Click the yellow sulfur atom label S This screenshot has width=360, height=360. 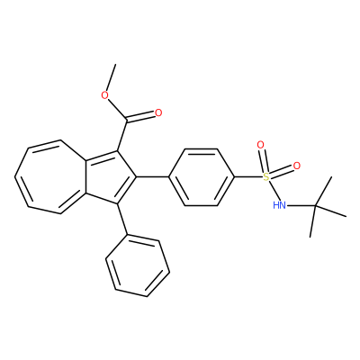coord(266,177)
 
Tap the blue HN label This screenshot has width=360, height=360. coord(279,205)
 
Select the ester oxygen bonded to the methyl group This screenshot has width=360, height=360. coord(104,95)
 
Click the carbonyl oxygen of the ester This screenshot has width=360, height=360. coord(158,113)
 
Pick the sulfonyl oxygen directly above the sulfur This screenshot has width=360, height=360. coord(260,145)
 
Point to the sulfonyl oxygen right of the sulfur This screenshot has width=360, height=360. coord(297,166)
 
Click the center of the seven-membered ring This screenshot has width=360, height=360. coord(51,177)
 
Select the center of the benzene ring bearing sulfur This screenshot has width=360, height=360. coord(201,177)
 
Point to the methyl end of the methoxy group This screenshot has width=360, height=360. coord(115,64)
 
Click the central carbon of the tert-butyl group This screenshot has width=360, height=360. coord(315,206)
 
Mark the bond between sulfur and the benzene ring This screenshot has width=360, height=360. coord(248,177)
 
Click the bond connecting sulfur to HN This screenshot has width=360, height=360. coord(274,191)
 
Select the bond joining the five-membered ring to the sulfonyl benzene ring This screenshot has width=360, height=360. coord(153,177)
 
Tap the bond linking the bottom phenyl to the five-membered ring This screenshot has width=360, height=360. coord(123,219)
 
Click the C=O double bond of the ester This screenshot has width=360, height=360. coord(140,118)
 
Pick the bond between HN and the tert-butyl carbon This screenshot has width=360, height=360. coord(301,206)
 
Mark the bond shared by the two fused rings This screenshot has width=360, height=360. coord(85,177)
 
